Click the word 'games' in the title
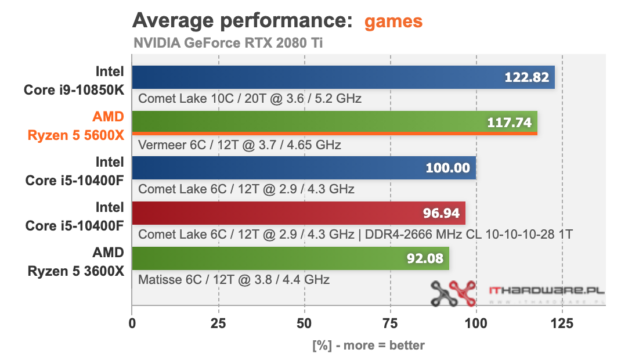pyautogui.click(x=393, y=21)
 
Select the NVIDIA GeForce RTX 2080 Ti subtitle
pyautogui.click(x=228, y=43)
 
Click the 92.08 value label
pyautogui.click(x=425, y=258)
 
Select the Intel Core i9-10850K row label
pyautogui.click(x=74, y=81)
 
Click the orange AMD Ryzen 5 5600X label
pyautogui.click(x=76, y=126)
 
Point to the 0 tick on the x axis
pyautogui.click(x=132, y=323)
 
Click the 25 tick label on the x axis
pyautogui.click(x=218, y=323)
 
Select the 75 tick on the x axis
pyautogui.click(x=390, y=323)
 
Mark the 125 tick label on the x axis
pyautogui.click(x=562, y=323)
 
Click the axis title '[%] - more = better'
pyautogui.click(x=369, y=345)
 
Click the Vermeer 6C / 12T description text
pyautogui.click(x=239, y=145)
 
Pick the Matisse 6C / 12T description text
pyautogui.click(x=234, y=280)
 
